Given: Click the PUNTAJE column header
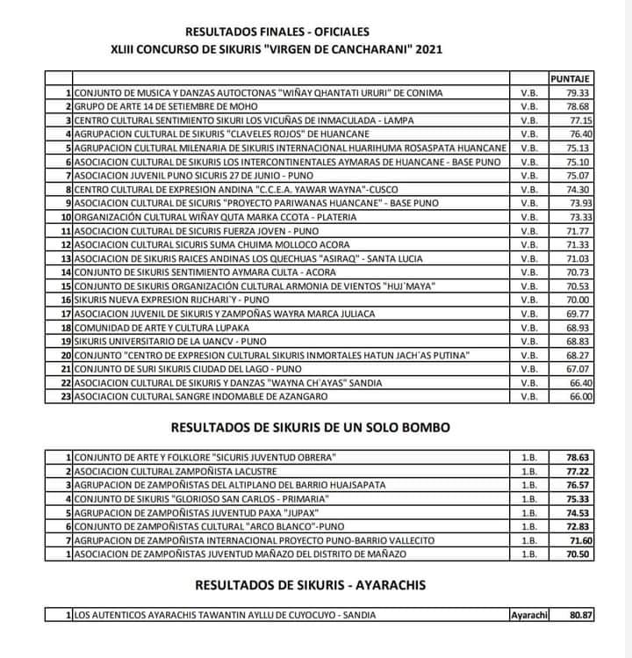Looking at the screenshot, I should point(571,79).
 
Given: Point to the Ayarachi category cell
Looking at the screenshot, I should point(528,615).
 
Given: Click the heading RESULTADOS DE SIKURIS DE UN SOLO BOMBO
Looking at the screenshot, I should point(312,428).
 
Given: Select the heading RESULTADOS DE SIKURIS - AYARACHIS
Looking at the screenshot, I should point(312,585).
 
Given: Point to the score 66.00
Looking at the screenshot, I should point(582,397).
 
